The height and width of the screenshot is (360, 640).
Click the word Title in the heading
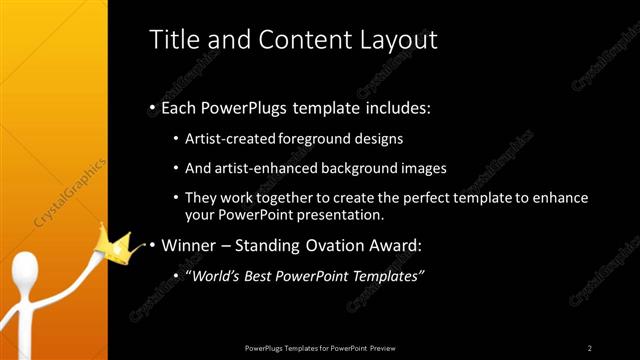click(172, 40)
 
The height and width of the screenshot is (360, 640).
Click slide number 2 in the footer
click(589, 347)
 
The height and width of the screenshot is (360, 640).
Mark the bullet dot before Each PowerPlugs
click(152, 108)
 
